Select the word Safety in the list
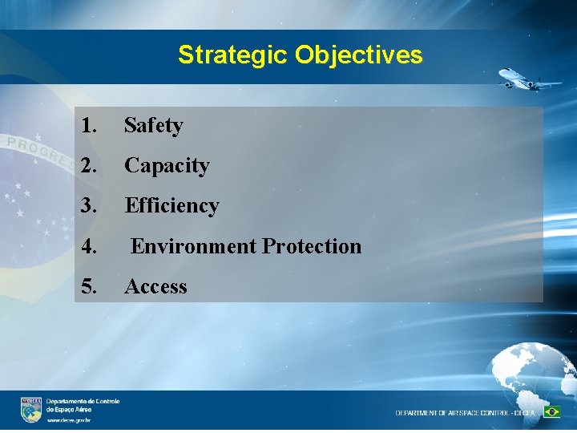tap(154, 126)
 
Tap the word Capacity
tap(167, 166)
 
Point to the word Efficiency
tap(171, 206)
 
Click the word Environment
tap(193, 246)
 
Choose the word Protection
tap(312, 246)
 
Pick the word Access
tap(155, 287)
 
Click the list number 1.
tap(89, 126)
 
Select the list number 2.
tap(89, 166)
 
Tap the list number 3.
tap(89, 206)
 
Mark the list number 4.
tap(89, 246)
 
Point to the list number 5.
tap(89, 287)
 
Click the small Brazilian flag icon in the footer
tap(551, 412)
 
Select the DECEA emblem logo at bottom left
tap(31, 409)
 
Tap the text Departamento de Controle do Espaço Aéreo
tap(83, 405)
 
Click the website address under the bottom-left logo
tap(68, 420)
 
